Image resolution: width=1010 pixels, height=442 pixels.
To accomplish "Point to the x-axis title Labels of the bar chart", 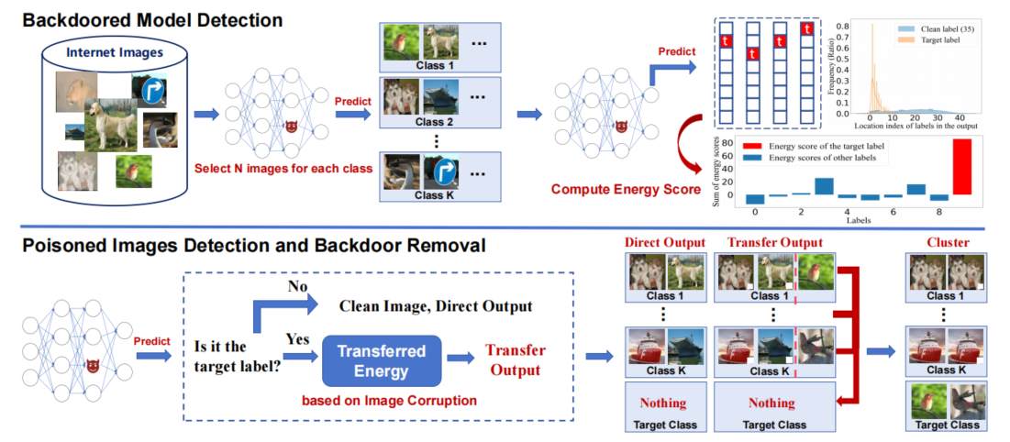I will (856, 221).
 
